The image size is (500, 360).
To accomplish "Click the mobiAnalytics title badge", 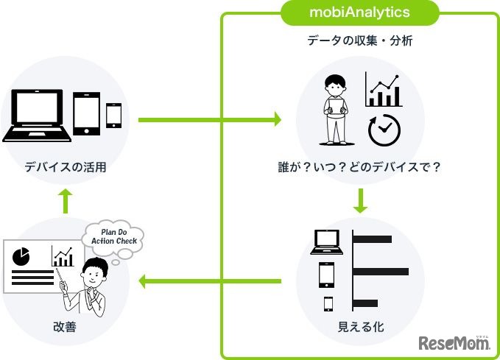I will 360,13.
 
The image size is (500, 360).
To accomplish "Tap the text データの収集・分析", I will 360,41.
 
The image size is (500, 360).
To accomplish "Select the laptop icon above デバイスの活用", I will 35,115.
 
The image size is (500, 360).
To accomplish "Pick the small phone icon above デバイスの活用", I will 114,116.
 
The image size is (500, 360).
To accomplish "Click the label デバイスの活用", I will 65,167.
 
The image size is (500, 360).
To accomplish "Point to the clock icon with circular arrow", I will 384,130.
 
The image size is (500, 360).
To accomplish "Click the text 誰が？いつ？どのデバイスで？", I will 360,167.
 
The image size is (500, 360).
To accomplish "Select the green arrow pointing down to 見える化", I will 360,201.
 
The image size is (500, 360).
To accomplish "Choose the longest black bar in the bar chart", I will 381,272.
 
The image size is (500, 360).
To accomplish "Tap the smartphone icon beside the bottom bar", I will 328,303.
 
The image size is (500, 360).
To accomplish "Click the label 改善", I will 65,327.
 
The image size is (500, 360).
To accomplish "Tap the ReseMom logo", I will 454,343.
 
